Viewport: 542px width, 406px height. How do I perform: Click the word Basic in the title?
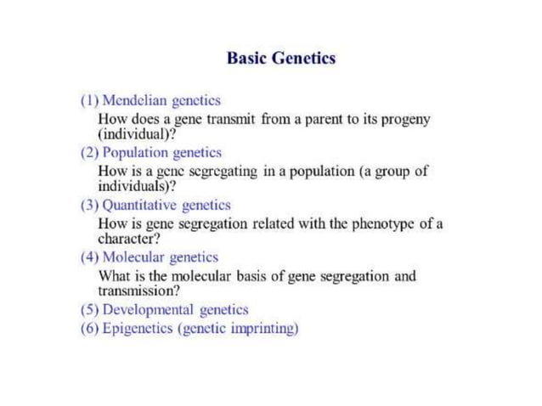click(x=246, y=59)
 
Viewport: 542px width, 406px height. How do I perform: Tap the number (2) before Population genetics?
click(x=89, y=152)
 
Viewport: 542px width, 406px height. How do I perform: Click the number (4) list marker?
click(x=89, y=257)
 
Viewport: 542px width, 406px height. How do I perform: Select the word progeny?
click(x=405, y=120)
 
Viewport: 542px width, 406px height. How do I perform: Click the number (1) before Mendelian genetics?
click(x=89, y=100)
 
